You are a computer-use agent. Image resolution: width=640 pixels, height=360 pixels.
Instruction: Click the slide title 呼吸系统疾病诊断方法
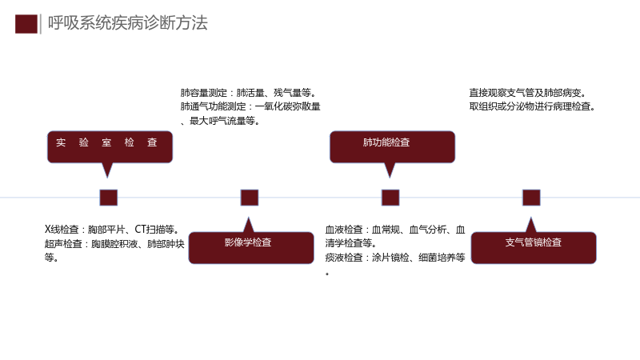coord(128,23)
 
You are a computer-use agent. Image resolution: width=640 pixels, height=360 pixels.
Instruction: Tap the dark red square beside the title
coord(26,24)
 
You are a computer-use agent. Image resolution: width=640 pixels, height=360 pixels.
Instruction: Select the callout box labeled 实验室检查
coord(110,147)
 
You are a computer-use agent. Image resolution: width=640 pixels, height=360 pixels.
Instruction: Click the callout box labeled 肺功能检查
coord(392,147)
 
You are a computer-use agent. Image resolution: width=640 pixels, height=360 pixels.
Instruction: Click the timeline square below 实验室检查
coord(109,198)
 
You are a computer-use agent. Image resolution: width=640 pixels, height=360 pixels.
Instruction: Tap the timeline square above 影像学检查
coord(250,198)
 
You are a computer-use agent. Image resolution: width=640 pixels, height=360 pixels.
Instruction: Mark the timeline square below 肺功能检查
coord(390,198)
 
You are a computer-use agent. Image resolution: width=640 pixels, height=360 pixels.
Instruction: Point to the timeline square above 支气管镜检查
coord(531,198)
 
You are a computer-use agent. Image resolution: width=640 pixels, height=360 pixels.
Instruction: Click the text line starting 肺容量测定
coord(249,93)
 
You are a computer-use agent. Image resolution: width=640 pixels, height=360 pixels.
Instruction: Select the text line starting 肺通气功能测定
coord(250,106)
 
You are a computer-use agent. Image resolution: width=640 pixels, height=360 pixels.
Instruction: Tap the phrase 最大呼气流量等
coord(225,121)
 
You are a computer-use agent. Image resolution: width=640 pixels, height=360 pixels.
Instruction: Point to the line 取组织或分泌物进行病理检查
coord(533,106)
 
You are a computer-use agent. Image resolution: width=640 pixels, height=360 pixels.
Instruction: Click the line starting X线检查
coord(112,230)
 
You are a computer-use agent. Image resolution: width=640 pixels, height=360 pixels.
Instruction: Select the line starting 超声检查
coord(114,244)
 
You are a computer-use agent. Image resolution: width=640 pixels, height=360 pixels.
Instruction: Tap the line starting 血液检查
coord(395,230)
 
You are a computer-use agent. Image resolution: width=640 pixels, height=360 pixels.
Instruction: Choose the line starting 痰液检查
coord(395,258)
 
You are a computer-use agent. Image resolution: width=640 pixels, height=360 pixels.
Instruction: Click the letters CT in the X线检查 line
coord(141,230)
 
